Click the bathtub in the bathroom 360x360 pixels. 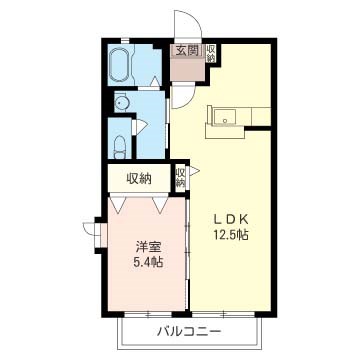[120, 65]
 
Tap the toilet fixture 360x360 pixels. [120, 148]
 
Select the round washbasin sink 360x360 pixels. [120, 104]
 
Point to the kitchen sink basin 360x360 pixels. [225, 116]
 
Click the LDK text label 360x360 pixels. [231, 219]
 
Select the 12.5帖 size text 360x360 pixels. [231, 235]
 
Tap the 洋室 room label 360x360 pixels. [148, 247]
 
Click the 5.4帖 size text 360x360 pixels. [148, 263]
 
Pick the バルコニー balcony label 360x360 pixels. [189, 331]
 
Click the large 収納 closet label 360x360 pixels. [138, 179]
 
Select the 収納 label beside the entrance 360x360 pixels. [211, 53]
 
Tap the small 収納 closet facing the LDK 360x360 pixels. [180, 178]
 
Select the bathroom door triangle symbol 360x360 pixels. [154, 82]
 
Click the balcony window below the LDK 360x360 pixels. [224, 314]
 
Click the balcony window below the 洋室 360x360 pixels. [148, 314]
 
